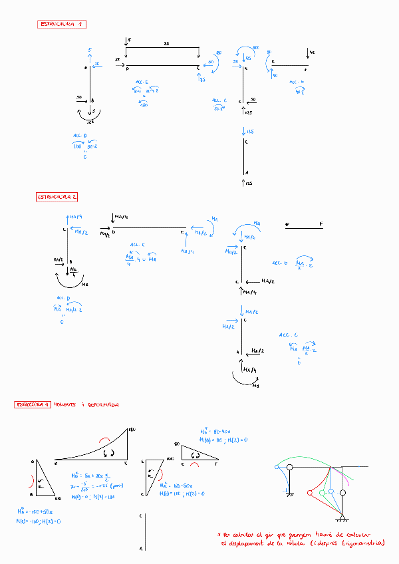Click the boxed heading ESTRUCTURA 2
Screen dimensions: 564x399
click(57, 197)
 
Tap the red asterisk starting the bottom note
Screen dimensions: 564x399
click(219, 534)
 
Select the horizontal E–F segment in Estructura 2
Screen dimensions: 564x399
click(304, 227)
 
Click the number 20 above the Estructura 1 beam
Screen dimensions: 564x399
click(166, 43)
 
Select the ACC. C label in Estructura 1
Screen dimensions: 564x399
click(219, 101)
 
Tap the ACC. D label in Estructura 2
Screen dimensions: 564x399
click(63, 298)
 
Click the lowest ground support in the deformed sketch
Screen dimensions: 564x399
click(342, 519)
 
